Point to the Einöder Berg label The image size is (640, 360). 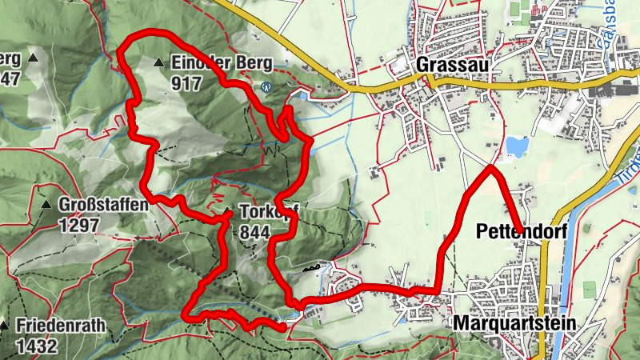coord(222,62)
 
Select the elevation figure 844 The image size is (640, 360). coord(254,232)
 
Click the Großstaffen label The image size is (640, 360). coord(103,205)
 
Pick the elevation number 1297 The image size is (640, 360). coord(78,225)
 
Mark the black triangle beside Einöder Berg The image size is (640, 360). coord(159,62)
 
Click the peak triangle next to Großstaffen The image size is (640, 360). coord(46,205)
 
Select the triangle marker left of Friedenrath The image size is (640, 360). coord(4,326)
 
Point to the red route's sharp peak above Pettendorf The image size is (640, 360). coord(490,167)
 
